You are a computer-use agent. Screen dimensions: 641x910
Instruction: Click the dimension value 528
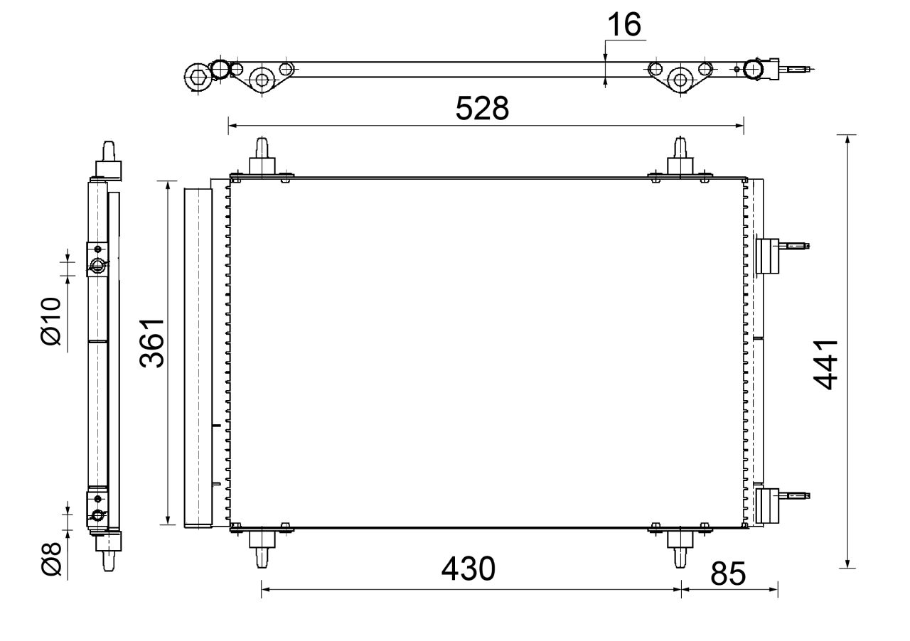[482, 109]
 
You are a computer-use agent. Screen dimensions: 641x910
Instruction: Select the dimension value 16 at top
[623, 25]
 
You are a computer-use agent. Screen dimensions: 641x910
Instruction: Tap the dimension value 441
[827, 364]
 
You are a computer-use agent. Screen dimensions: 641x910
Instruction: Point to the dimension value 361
[152, 343]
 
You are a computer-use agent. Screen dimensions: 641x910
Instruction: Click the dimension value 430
[468, 569]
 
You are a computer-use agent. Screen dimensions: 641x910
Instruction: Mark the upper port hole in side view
[97, 266]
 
